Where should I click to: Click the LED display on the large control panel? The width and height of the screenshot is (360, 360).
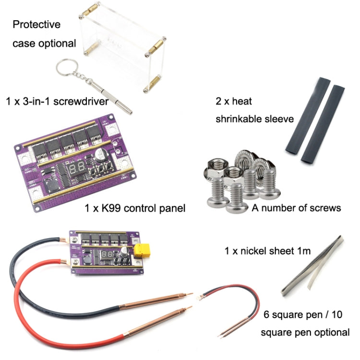point(77,167)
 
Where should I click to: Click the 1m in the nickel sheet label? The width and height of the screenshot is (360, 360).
point(302,251)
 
